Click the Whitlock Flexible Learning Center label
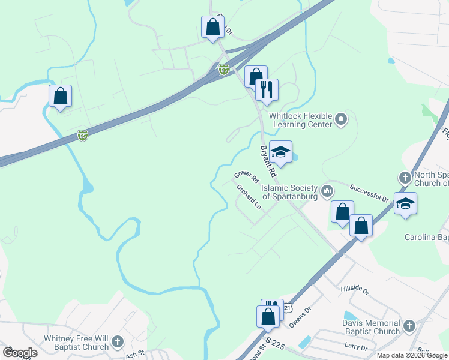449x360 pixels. click(x=300, y=119)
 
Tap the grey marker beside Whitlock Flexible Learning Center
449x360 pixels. click(x=341, y=119)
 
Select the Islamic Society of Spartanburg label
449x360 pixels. click(x=291, y=191)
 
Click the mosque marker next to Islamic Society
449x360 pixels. click(x=327, y=191)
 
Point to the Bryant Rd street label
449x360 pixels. click(x=267, y=161)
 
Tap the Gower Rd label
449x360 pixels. click(x=246, y=176)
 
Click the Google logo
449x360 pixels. click(x=20, y=352)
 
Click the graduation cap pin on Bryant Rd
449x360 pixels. click(x=280, y=153)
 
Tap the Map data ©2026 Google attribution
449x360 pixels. click(x=412, y=355)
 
